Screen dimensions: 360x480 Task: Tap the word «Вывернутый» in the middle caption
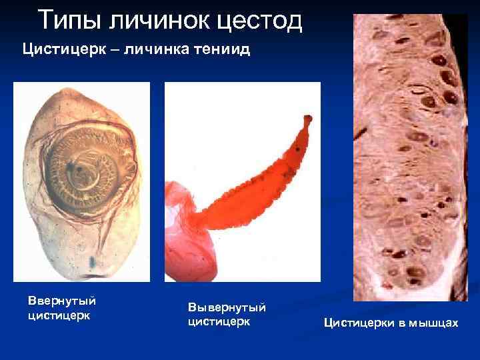coord(227,307)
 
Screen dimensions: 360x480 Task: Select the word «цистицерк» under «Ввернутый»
coord(59,315)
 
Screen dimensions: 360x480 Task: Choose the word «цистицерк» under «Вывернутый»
coord(219,321)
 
